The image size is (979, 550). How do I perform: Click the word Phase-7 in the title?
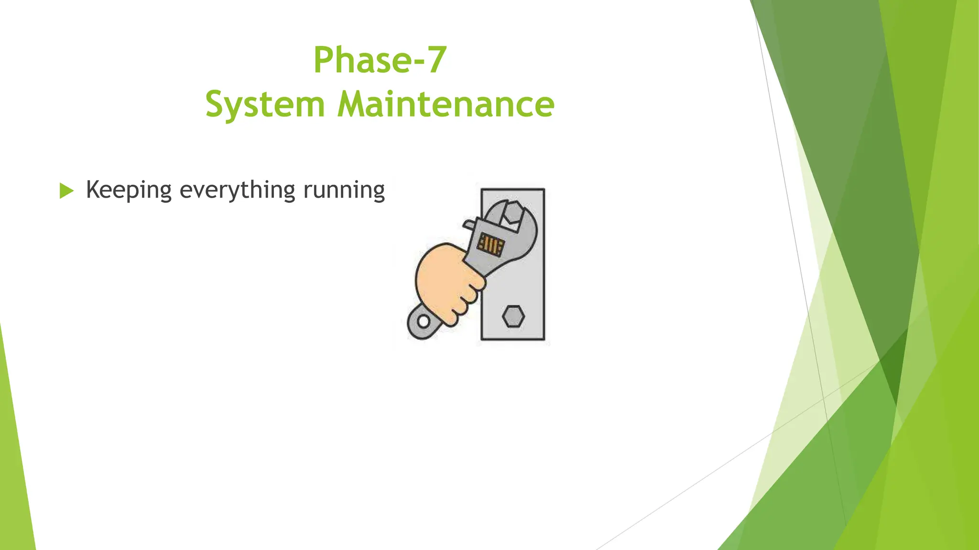coord(380,60)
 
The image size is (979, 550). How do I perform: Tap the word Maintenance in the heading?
coord(446,104)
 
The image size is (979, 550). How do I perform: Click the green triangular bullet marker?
coord(66,191)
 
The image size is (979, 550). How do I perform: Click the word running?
coord(344,190)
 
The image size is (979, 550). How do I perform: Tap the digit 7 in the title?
coord(437,60)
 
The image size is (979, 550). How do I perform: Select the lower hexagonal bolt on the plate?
coord(513,317)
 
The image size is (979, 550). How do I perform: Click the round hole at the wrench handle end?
coord(423,321)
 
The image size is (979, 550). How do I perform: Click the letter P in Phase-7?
coord(325,60)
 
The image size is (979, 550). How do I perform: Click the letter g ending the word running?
coord(379,192)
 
